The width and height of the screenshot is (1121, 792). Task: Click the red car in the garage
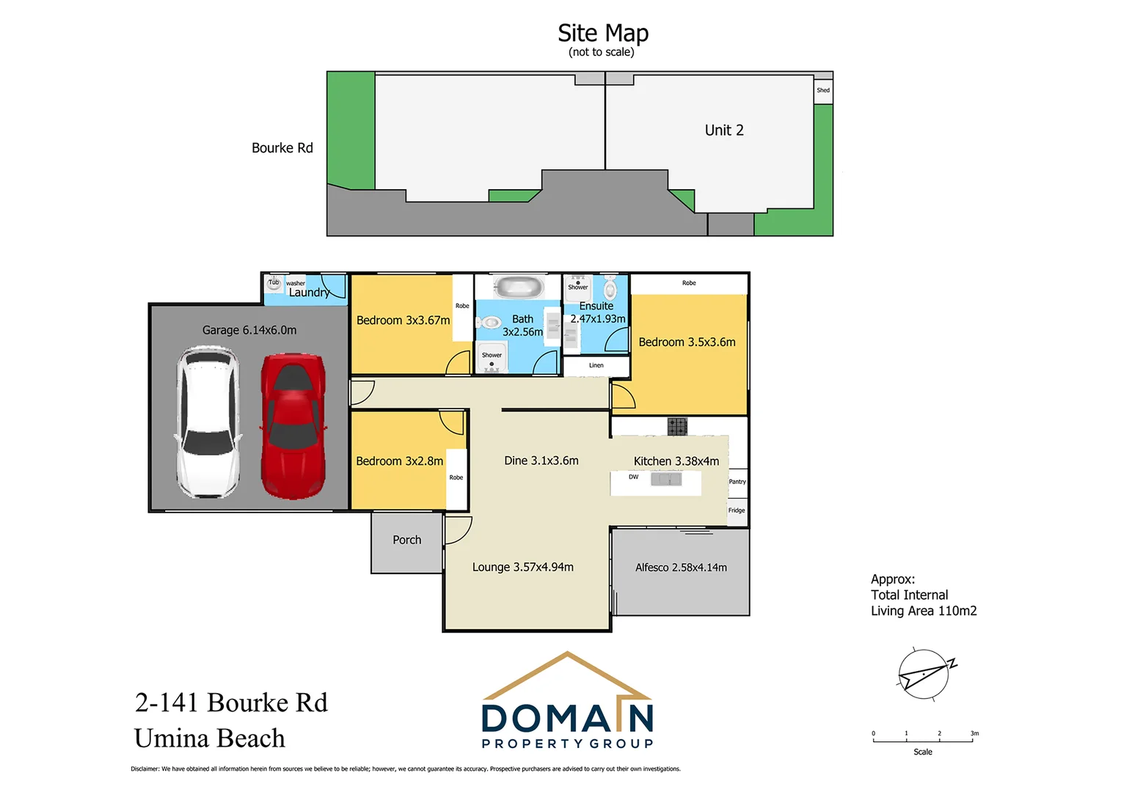[293, 425]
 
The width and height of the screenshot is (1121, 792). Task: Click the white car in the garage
[208, 423]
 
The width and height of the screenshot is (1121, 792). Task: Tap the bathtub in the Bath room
[518, 286]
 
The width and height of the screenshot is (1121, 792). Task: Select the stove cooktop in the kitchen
[677, 426]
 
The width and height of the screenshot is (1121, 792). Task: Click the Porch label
[406, 540]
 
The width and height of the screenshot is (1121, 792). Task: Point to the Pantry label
[737, 482]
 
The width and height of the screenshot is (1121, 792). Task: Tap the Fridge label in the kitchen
[737, 510]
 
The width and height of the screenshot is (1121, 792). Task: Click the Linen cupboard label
[596, 365]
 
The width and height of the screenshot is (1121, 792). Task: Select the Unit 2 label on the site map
[724, 131]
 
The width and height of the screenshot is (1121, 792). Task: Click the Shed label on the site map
[823, 91]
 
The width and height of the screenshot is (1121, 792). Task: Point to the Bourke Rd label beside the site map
[282, 148]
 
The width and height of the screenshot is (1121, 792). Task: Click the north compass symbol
[924, 674]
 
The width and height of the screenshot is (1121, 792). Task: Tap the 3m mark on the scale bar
[974, 734]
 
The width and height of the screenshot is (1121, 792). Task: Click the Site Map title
[602, 33]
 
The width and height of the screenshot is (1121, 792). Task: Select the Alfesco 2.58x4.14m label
[681, 568]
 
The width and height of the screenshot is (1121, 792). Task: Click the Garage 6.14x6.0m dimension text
[249, 330]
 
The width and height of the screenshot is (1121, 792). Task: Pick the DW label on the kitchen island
[633, 477]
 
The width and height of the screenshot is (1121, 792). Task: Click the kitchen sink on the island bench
[666, 480]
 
